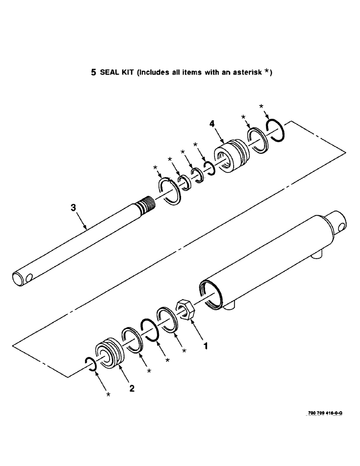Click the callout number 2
[132, 388]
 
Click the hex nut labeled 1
[186, 309]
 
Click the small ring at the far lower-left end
[90, 364]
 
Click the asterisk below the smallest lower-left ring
[109, 395]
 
